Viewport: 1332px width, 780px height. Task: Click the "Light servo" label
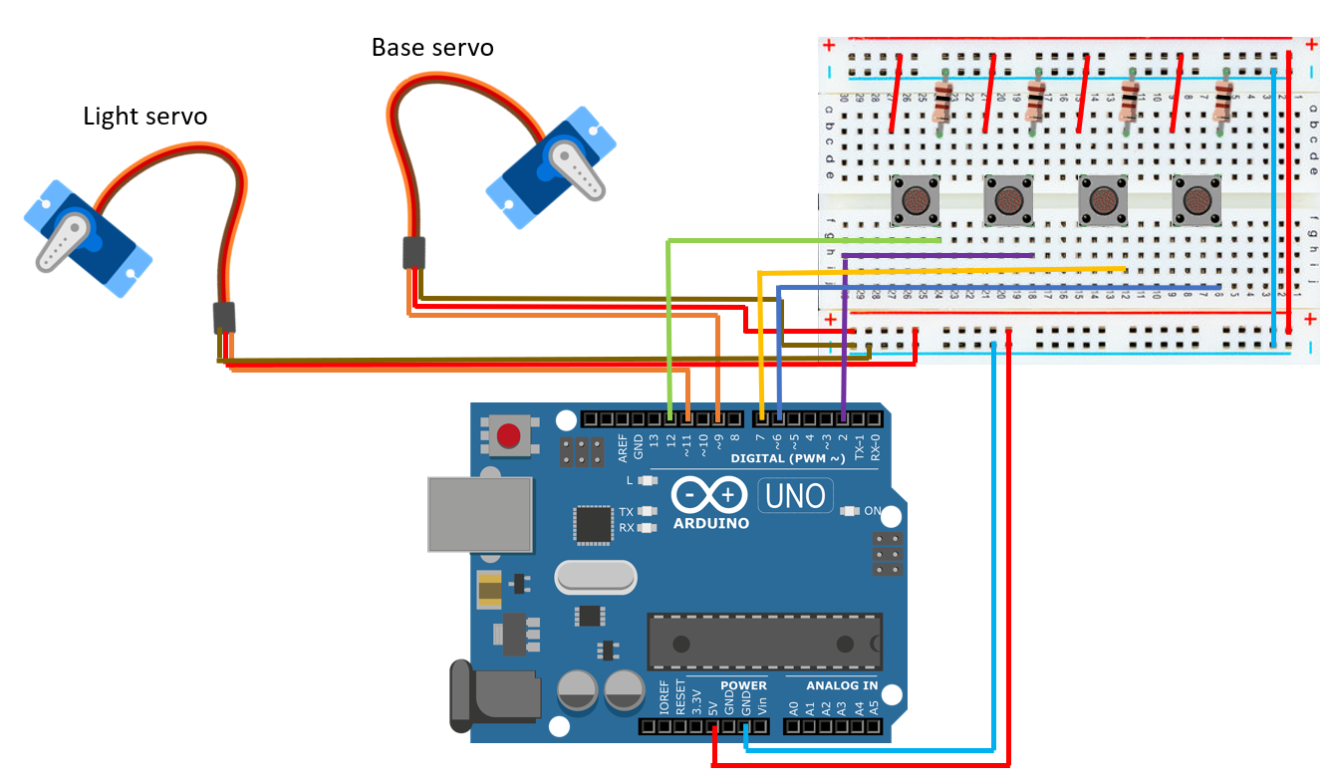(x=145, y=117)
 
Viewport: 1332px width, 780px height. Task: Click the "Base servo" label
(x=432, y=47)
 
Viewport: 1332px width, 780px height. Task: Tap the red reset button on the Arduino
(x=509, y=435)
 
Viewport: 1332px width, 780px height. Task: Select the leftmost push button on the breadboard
(x=915, y=200)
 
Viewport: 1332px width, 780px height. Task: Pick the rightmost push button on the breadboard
(x=1197, y=200)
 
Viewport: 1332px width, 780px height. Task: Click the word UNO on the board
(x=796, y=495)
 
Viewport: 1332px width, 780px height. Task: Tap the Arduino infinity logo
(x=709, y=494)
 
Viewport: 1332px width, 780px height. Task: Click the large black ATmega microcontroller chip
(x=764, y=641)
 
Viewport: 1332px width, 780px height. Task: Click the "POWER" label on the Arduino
(x=743, y=685)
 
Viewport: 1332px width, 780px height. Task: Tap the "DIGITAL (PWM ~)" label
(x=787, y=458)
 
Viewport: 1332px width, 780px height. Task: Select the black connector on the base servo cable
(x=414, y=253)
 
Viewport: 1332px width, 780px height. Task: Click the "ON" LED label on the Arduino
(x=872, y=511)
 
